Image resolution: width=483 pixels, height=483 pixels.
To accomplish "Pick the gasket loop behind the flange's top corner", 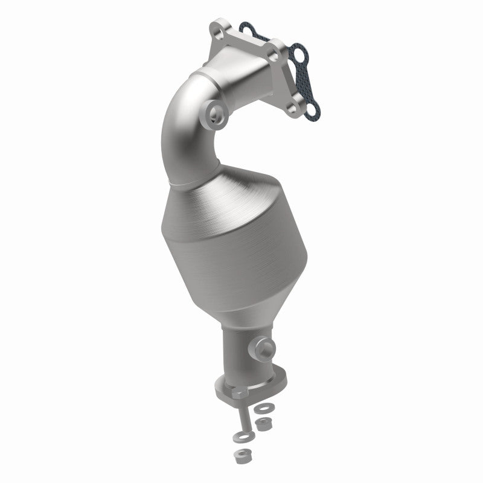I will point(245,27).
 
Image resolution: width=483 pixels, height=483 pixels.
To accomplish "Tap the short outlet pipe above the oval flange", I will point(245,353).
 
